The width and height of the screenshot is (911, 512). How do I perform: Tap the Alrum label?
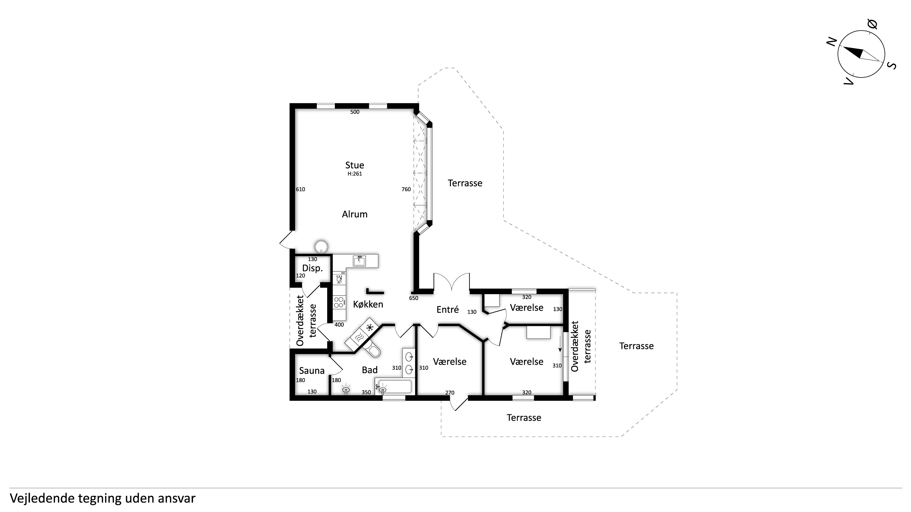pos(355,214)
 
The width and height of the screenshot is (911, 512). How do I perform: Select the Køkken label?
pos(368,304)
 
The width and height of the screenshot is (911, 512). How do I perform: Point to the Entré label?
pos(448,310)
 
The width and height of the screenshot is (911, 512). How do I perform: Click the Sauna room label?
pos(312,371)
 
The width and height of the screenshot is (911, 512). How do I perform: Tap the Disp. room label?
pos(312,268)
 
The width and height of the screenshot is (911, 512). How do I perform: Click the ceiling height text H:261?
pos(355,174)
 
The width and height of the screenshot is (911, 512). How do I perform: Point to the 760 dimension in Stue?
pos(406,189)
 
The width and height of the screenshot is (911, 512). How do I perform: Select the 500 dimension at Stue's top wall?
pos(355,112)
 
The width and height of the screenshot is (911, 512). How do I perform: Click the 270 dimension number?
pos(450,393)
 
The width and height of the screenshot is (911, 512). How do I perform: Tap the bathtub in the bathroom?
pos(394,387)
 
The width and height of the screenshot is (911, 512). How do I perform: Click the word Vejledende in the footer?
pos(42,498)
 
